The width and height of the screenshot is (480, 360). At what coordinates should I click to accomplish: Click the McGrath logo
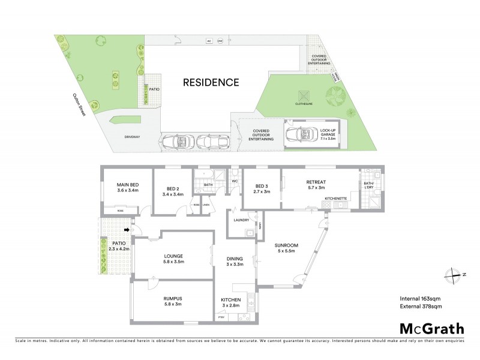431,328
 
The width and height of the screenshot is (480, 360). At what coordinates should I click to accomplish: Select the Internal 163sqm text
421,298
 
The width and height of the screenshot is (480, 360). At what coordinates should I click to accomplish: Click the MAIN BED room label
127,187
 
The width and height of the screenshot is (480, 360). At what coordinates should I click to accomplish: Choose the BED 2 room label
172,187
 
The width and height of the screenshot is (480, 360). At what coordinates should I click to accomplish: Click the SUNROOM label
286,246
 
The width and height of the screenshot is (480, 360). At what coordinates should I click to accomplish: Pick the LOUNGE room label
173,259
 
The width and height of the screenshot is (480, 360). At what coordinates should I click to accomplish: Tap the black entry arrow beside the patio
127,229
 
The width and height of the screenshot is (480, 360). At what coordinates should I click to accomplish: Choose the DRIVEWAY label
131,137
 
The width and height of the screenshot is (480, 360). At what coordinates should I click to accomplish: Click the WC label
235,180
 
